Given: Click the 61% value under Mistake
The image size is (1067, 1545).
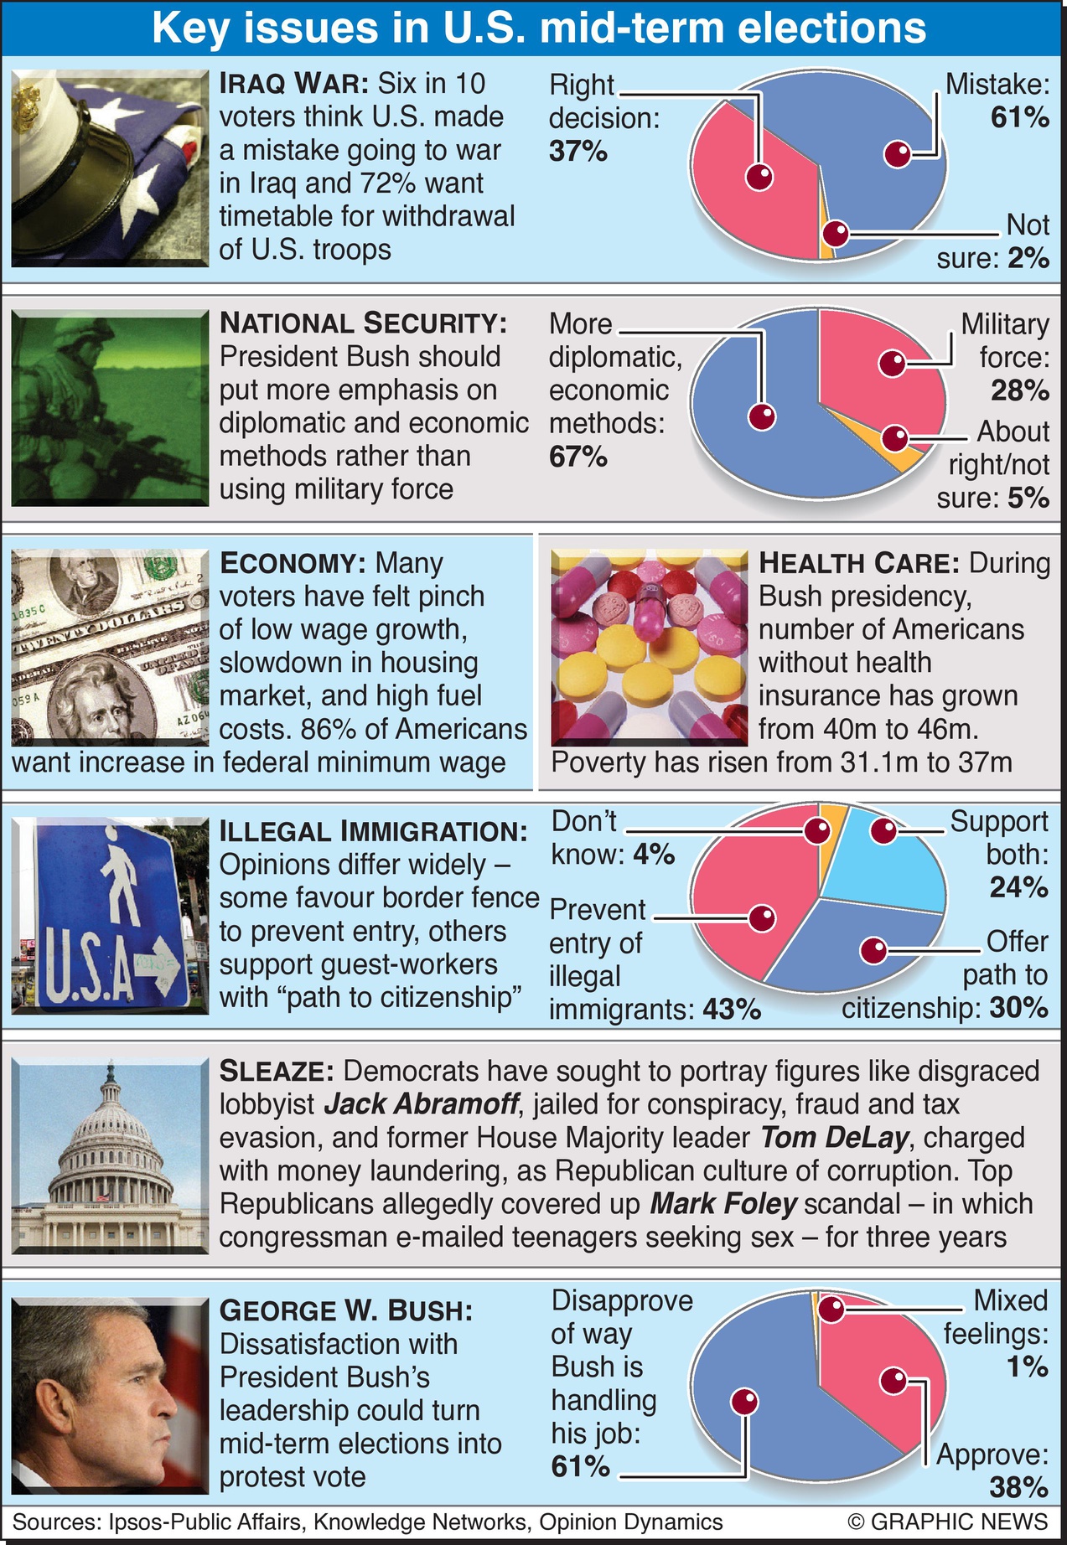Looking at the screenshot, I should click(x=1019, y=117).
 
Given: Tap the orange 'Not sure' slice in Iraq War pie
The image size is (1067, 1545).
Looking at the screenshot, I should click(x=827, y=243).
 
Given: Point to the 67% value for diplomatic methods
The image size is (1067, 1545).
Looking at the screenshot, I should click(x=578, y=457).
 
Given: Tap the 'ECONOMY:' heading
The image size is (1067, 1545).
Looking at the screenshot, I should click(x=292, y=563).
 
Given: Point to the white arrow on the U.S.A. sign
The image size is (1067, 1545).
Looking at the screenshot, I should click(x=159, y=964).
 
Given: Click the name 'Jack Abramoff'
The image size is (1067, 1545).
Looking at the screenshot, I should click(x=421, y=1104).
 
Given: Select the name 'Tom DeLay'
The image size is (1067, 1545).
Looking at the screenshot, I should click(x=834, y=1138).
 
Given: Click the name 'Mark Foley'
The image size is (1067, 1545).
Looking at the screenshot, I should click(x=723, y=1204).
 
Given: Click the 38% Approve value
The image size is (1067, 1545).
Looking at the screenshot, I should click(x=1018, y=1487).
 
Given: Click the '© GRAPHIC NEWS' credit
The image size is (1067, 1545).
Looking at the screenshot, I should click(x=947, y=1522).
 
